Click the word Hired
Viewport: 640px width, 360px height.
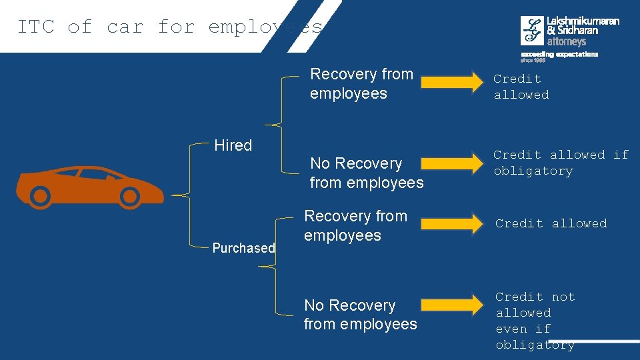(x=233, y=145)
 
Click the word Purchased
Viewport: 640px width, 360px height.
(x=243, y=248)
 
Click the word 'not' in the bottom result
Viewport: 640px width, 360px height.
(x=563, y=297)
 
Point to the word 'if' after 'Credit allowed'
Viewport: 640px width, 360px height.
(x=621, y=155)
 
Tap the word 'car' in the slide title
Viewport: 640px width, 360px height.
(x=125, y=27)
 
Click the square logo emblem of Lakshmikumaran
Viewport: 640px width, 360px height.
(x=532, y=31)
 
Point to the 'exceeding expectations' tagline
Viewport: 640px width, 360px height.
(x=559, y=54)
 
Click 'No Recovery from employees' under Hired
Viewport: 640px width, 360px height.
(x=366, y=173)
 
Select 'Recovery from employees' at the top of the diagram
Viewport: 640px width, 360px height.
(x=361, y=83)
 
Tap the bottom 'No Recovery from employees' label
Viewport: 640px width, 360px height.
(x=360, y=315)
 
